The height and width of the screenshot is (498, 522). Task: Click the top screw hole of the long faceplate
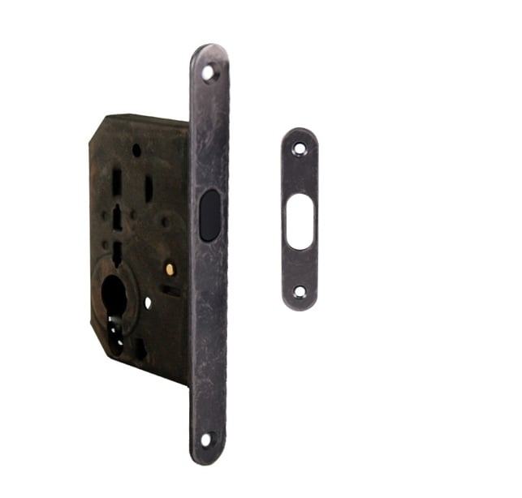pos(209,73)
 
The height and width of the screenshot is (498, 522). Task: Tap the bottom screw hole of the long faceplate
pos(206,440)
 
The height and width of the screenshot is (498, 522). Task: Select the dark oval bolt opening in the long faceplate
pos(209,215)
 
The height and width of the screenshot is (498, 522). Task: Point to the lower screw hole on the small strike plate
pos(300,290)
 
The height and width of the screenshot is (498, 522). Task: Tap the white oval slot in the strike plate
pos(300,220)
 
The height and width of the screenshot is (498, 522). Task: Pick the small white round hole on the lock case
pos(148,303)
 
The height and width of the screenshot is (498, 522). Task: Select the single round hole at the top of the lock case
pos(136,150)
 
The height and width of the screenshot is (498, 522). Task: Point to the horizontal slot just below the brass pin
pos(170,288)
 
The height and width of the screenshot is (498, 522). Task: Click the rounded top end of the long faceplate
pos(209,50)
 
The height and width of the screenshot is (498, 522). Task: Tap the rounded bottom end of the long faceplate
pos(205,459)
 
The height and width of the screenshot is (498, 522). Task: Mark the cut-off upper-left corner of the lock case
pos(97,128)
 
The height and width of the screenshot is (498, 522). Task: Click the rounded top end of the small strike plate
pos(300,132)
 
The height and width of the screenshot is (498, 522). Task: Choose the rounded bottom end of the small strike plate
pos(300,306)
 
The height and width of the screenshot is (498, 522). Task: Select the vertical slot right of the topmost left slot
pos(149,188)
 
